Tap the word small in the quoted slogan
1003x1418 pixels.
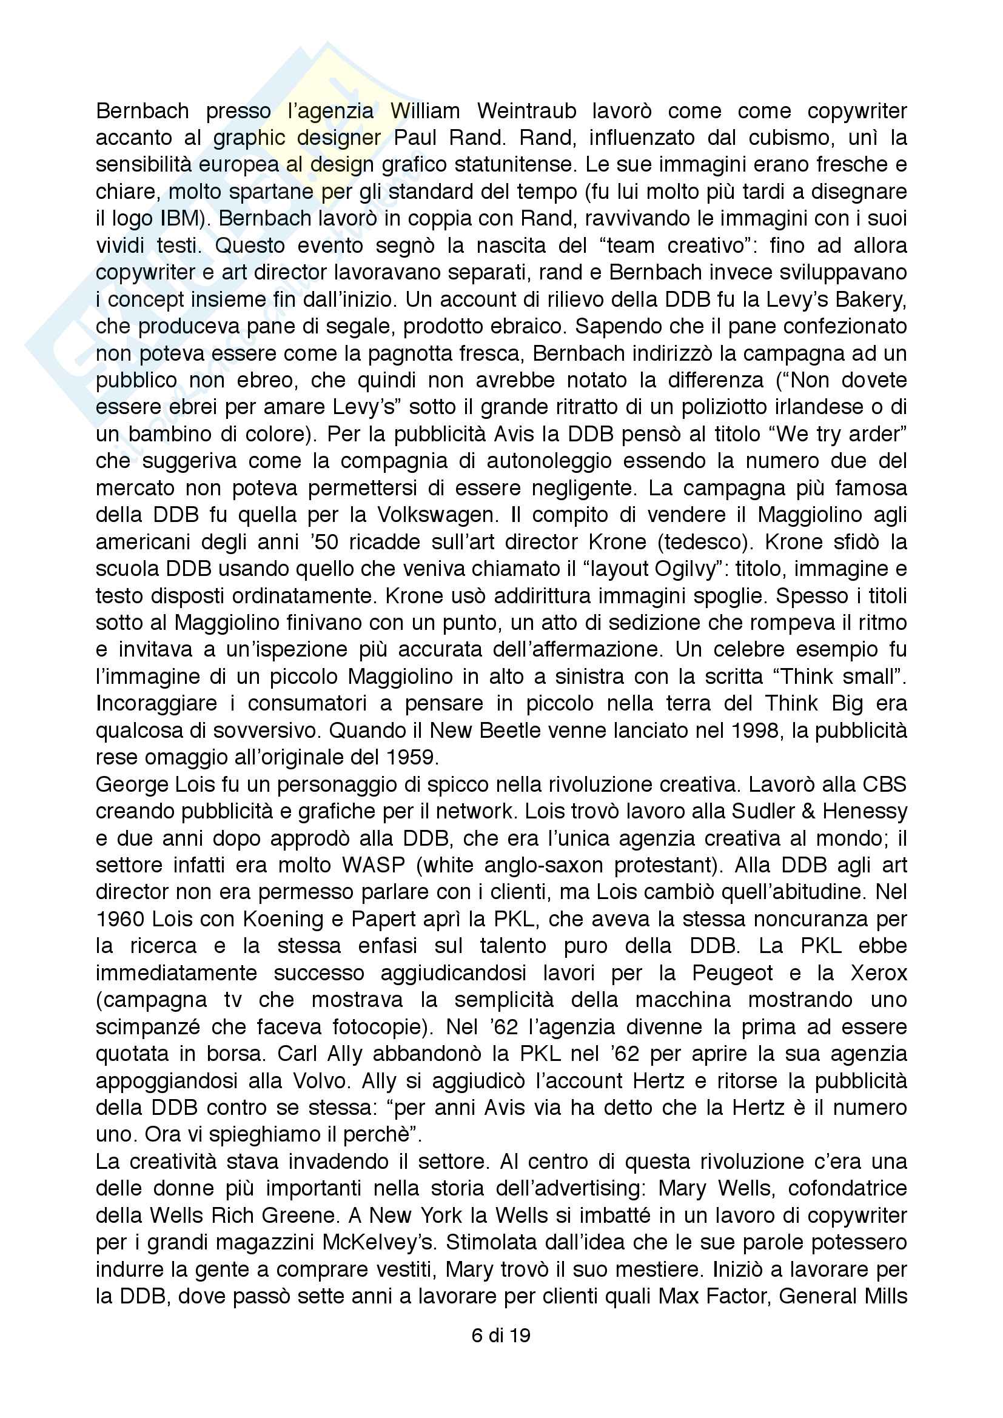(x=867, y=677)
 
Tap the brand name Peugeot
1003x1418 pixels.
(x=732, y=974)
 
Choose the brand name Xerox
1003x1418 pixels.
(x=878, y=974)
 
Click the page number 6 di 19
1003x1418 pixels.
(x=501, y=1336)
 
